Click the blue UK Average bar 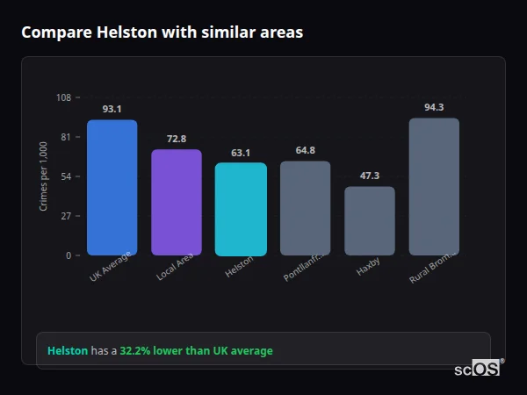click(112, 188)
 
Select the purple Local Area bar click(177, 203)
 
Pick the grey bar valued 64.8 click(306, 208)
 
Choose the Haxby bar click(370, 221)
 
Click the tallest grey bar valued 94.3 click(434, 187)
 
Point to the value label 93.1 click(112, 110)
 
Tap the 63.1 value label click(241, 153)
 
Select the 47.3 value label click(370, 176)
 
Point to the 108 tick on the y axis click(63, 97)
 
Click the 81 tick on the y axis click(65, 137)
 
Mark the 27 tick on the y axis click(65, 216)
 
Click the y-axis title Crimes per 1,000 click(44, 176)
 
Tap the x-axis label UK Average click(111, 267)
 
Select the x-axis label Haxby click(369, 266)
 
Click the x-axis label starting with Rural click(431, 268)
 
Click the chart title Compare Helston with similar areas click(162, 32)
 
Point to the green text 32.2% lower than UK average click(196, 351)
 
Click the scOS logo click(478, 369)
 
